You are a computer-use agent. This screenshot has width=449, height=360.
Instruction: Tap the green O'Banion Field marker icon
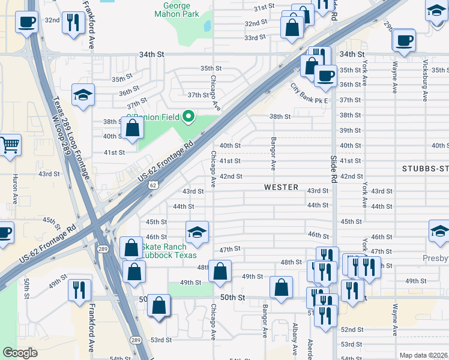189,116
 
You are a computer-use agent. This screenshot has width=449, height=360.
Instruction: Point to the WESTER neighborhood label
281,187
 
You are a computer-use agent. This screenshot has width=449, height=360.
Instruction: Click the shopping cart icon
9,145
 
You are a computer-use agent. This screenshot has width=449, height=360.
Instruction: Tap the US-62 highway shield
154,185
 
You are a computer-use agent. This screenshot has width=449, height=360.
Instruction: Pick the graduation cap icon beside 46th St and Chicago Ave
197,231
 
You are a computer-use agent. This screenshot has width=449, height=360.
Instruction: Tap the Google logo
20,353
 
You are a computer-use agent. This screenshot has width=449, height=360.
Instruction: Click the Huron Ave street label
15,188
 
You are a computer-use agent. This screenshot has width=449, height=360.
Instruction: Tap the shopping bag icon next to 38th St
132,127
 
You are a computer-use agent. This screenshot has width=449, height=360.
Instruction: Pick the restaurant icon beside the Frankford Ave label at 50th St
79,290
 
